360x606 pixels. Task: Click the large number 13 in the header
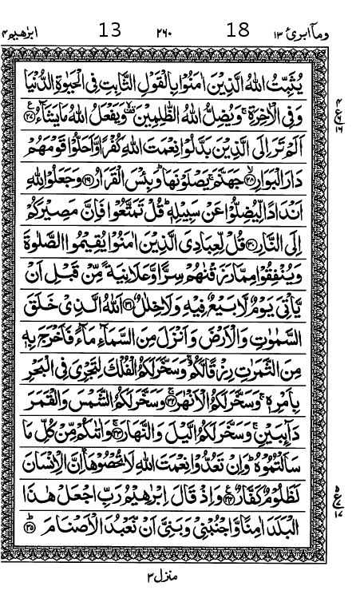109,32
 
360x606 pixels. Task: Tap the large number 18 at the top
238,32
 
